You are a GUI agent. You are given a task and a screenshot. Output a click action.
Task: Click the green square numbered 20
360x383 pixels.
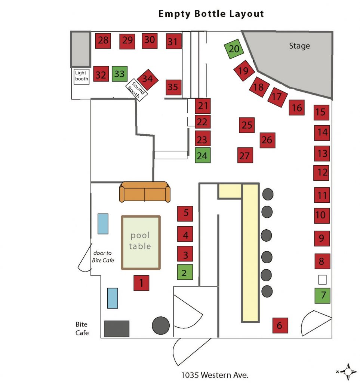click(x=234, y=49)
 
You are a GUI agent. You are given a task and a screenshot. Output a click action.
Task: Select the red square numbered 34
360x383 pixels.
click(x=148, y=79)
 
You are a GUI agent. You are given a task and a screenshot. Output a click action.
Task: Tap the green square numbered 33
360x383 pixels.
click(x=120, y=74)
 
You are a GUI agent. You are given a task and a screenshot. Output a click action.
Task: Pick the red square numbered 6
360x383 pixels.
click(x=280, y=325)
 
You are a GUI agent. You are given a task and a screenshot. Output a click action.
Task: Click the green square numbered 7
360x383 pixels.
click(x=322, y=295)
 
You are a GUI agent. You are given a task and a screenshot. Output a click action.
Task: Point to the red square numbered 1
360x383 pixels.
click(x=141, y=283)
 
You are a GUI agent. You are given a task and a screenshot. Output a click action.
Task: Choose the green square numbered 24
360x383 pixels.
click(x=203, y=155)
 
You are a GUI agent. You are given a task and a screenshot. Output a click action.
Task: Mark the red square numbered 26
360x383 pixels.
click(x=267, y=140)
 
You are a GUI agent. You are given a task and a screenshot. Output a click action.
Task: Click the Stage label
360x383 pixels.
click(x=299, y=46)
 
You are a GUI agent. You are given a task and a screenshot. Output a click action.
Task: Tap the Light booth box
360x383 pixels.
click(x=81, y=76)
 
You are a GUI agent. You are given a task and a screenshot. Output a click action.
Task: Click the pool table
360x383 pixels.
click(x=141, y=242)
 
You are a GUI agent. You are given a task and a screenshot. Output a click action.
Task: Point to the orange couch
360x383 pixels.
click(x=145, y=192)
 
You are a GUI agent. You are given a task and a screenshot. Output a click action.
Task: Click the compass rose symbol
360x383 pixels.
click(x=348, y=371)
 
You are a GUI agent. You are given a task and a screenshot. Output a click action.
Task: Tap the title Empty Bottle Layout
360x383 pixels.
click(x=211, y=14)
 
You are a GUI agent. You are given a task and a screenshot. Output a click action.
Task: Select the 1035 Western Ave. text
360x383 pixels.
click(x=215, y=375)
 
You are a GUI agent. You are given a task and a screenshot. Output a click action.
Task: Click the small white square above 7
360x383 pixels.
click(x=322, y=280)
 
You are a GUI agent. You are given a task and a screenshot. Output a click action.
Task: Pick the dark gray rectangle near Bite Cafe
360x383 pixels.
click(x=117, y=329)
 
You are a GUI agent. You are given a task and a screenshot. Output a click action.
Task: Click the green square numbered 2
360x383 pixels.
click(x=185, y=272)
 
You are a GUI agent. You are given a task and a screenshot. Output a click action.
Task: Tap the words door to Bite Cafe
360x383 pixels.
click(x=103, y=257)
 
